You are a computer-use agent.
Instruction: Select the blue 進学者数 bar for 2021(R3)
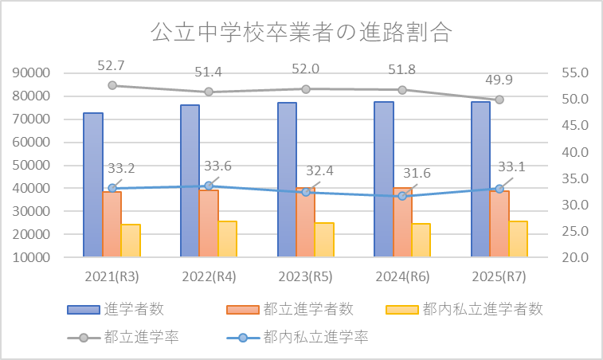pos(93,184)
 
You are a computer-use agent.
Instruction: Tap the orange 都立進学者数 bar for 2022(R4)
pos(209,223)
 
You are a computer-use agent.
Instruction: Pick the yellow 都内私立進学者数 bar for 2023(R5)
pos(324,239)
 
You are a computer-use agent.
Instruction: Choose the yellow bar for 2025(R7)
pos(518,238)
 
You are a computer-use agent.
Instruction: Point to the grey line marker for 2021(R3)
pos(112,85)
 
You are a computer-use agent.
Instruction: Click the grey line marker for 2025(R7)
pos(499,100)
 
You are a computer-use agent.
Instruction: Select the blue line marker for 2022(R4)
pos(209,186)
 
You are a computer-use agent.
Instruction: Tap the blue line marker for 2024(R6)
pos(402,195)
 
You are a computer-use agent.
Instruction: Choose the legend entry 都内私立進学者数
pos(483,309)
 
